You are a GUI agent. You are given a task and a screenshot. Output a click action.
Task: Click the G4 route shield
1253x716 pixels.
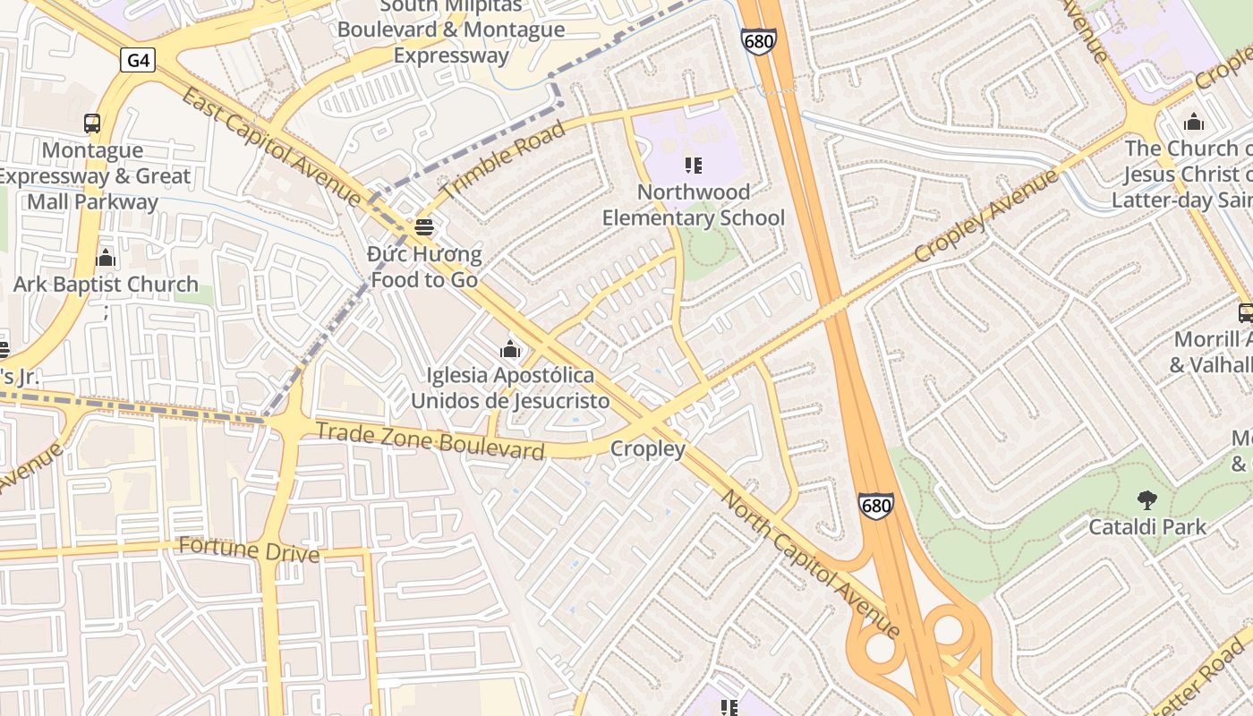pos(139,60)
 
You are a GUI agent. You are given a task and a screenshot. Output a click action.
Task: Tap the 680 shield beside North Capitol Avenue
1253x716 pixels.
pos(875,506)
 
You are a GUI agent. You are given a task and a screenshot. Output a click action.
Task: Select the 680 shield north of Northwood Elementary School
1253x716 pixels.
pos(758,41)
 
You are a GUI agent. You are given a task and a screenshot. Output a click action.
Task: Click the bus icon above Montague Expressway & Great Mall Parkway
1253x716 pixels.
pos(91,124)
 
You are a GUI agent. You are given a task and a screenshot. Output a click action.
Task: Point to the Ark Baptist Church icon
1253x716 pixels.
pos(106,259)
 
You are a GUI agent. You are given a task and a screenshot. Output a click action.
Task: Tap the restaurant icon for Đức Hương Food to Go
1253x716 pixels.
pos(424,228)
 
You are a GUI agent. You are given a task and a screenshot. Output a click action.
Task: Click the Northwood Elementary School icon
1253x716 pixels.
pos(693,166)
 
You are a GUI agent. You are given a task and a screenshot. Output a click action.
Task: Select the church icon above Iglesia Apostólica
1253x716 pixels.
pos(510,349)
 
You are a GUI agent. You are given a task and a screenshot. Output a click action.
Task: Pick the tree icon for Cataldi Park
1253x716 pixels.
pos(1146,500)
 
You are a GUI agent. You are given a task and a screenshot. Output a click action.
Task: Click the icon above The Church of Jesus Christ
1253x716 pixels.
pos(1193,123)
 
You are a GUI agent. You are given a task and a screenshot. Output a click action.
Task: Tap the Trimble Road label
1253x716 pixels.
pos(504,161)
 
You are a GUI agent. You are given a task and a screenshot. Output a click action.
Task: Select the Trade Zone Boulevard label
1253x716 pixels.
pos(430,439)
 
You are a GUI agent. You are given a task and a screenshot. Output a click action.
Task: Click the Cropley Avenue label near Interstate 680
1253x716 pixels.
pos(985,216)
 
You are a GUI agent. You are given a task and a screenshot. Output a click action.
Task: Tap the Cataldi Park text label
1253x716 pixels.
pos(1146,527)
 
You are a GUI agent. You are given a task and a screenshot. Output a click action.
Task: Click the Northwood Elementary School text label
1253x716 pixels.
pos(693,205)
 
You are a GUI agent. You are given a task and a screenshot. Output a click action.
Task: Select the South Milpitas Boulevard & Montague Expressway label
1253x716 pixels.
pos(451,30)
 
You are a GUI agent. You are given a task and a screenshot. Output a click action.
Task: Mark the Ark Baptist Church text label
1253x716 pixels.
pos(106,285)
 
